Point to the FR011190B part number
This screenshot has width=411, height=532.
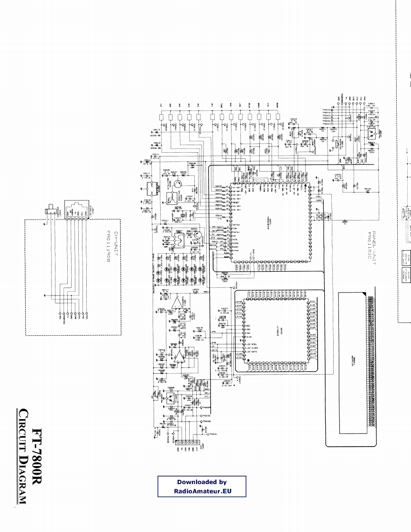tap(108, 243)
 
